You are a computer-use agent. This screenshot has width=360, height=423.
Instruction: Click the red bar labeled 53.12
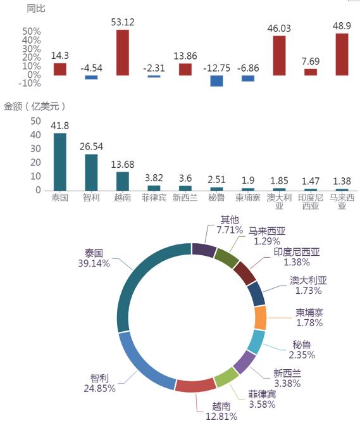123,53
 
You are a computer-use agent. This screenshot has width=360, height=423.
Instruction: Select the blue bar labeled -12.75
216,81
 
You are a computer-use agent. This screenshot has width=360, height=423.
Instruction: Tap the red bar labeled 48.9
342,54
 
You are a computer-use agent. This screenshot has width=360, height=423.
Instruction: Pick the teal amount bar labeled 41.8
60,162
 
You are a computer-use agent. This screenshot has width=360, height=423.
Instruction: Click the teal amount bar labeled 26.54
91,173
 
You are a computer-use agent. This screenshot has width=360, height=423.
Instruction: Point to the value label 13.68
123,164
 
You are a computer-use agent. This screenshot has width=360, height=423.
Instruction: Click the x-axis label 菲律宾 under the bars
154,198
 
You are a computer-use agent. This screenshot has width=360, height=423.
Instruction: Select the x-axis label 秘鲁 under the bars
216,198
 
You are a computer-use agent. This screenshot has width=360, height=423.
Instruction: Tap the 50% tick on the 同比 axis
32,31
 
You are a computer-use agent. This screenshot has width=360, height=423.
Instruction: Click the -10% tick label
30,84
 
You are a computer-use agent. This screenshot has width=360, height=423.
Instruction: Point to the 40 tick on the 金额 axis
35,135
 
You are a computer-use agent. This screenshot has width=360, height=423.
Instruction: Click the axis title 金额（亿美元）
35,106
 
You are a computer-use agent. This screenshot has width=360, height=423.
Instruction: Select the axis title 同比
36,9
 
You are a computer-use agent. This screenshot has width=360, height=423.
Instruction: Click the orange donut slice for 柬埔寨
260,318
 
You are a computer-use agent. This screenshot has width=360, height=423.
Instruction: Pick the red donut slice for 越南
196,385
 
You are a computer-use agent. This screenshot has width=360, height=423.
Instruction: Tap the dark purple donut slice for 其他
204,249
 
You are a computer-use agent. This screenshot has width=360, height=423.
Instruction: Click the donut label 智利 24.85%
99,383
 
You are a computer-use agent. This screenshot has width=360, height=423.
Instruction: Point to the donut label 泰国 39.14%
94,258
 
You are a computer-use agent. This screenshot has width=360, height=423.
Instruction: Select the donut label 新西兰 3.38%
287,378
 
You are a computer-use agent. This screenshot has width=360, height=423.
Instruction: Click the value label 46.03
279,28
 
